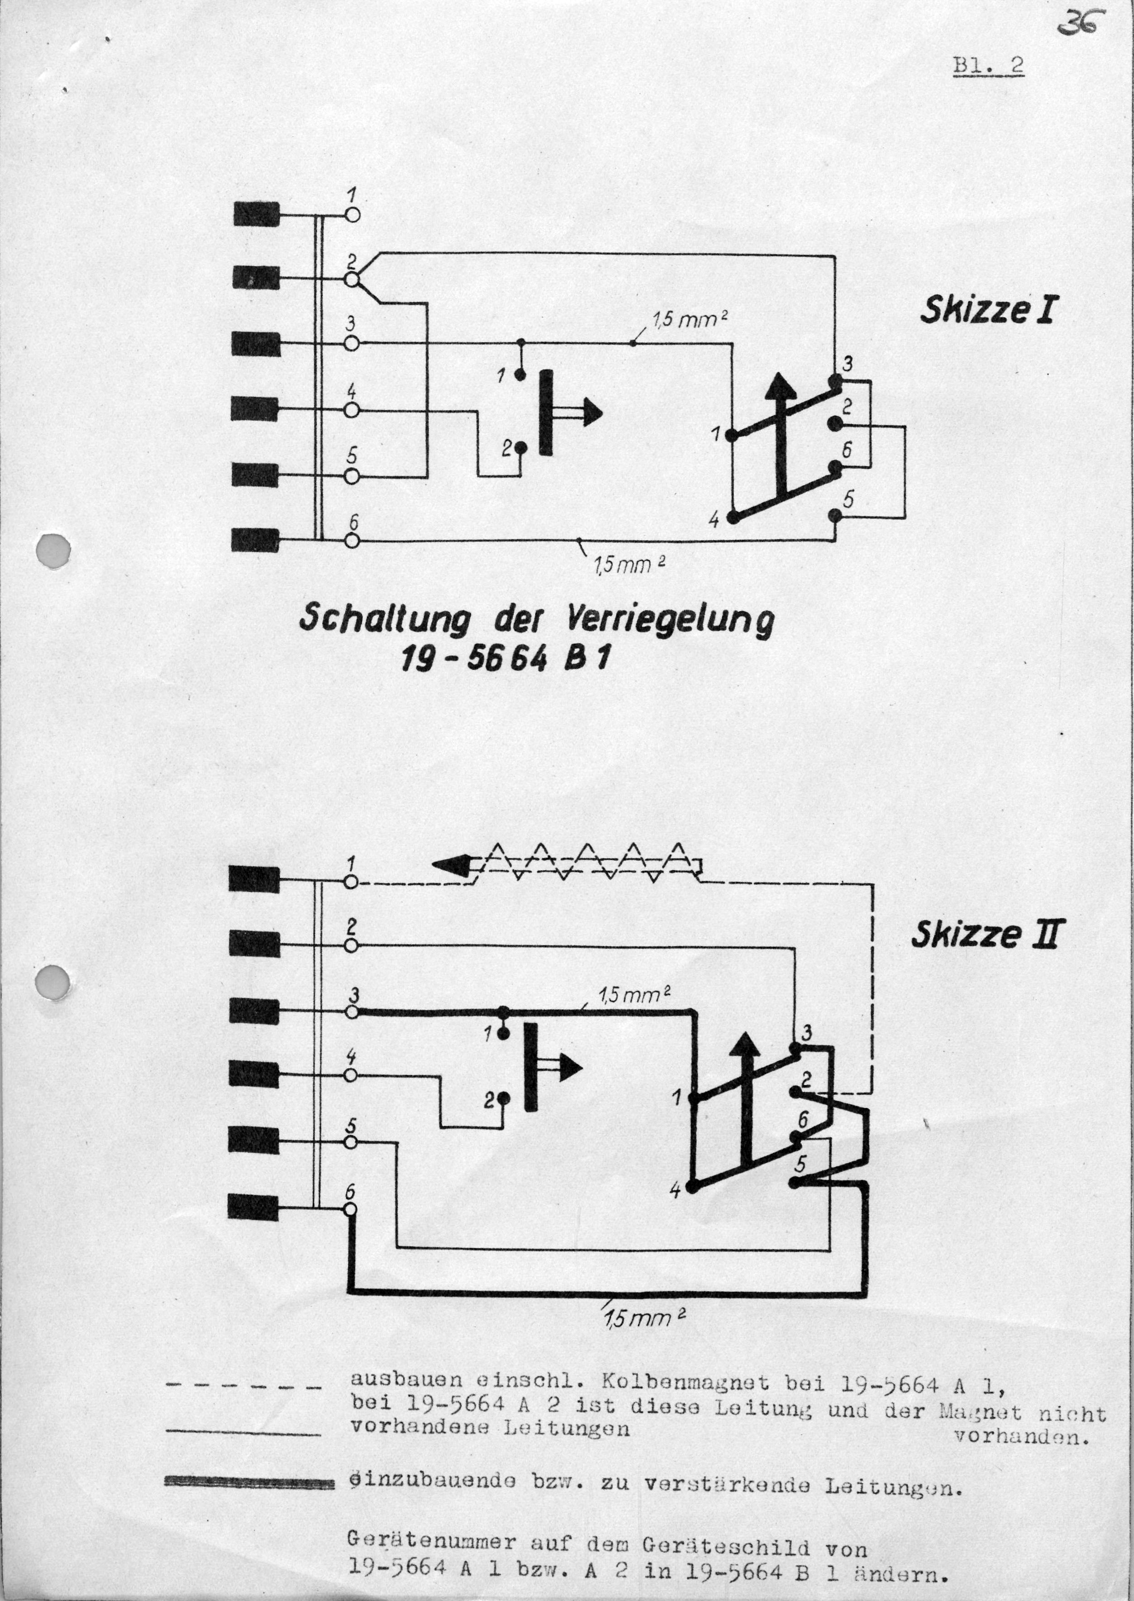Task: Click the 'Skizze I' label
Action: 986,309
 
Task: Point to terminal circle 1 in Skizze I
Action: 353,215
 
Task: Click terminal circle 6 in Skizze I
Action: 353,541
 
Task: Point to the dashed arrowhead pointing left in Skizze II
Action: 450,867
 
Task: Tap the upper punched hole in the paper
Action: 53,549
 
